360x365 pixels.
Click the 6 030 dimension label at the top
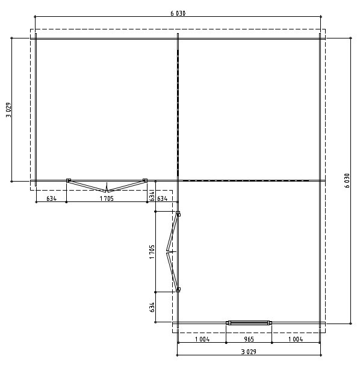tap(178, 13)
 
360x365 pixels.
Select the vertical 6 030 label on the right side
tap(347, 180)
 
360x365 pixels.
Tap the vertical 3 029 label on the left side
tap(8, 110)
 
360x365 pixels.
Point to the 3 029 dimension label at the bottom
tap(249, 352)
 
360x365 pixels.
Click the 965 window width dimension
tap(249, 339)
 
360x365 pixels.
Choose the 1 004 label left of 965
tap(202, 339)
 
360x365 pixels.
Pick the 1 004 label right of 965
tap(296, 339)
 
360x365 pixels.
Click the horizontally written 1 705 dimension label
tap(107, 198)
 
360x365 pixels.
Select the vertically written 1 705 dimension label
tap(152, 251)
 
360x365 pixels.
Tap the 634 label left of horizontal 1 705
tap(52, 198)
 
